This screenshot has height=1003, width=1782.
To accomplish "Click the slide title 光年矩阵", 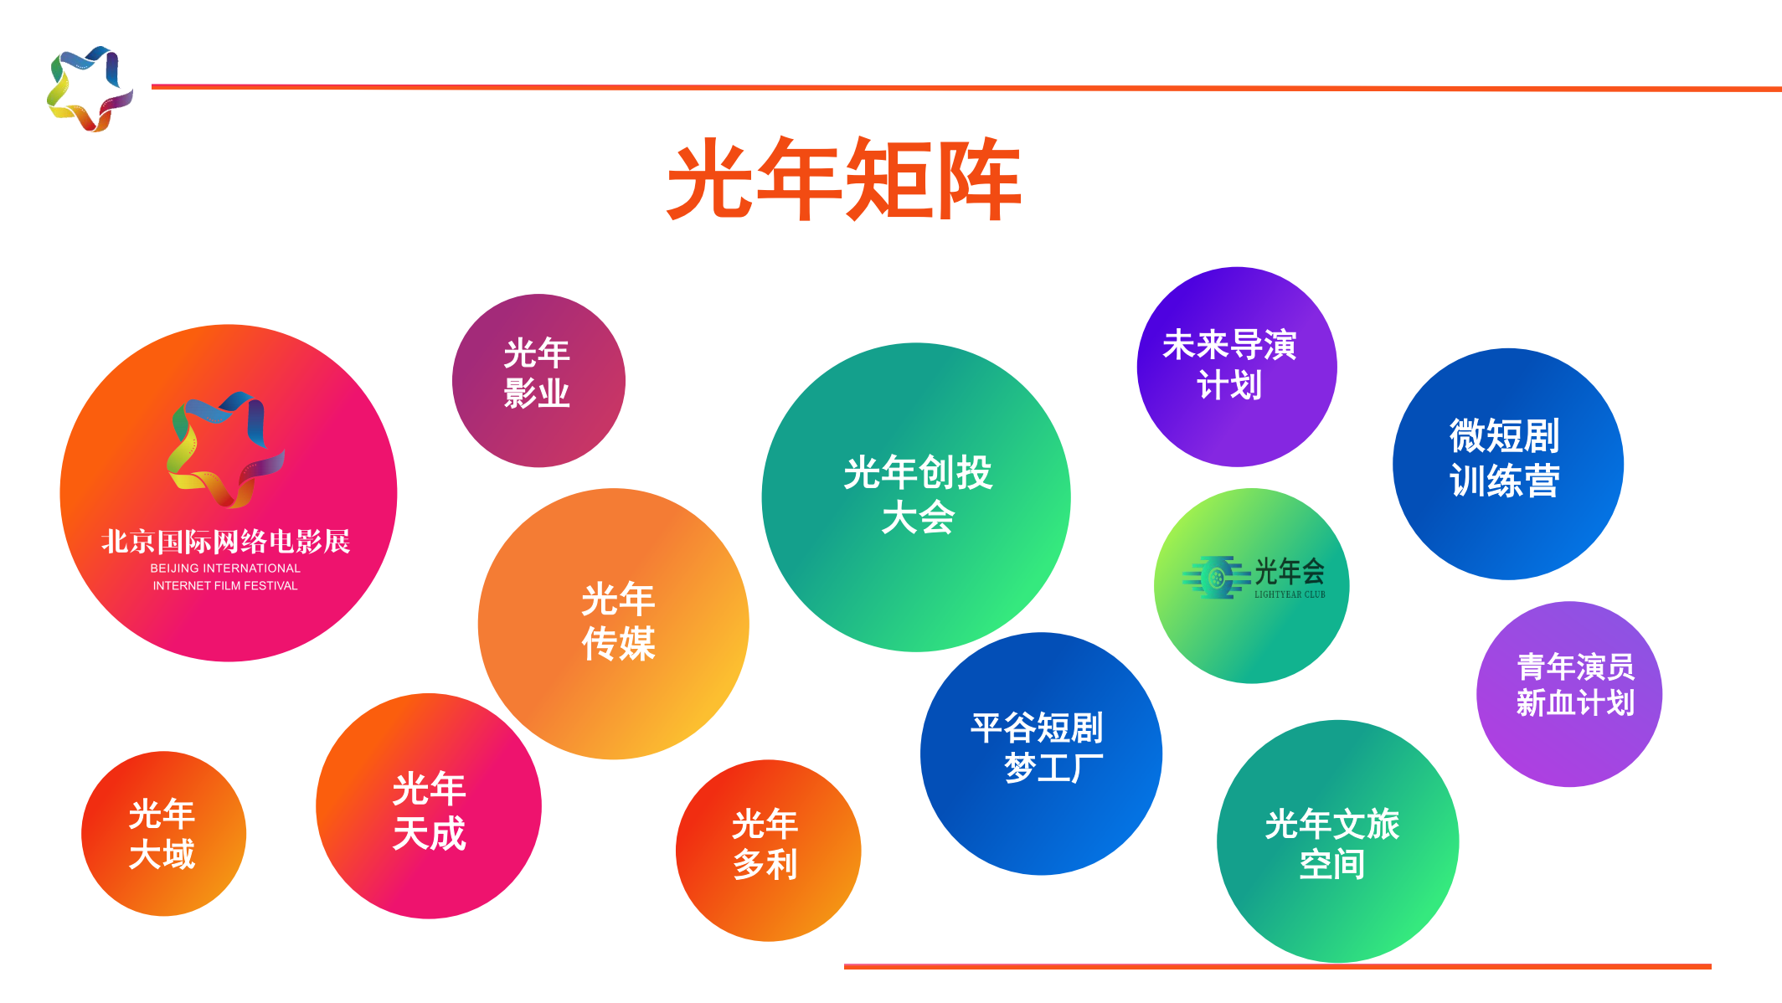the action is [844, 179].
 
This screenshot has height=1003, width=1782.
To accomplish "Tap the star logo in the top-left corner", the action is [90, 89].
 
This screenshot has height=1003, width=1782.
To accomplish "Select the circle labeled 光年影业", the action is [538, 380].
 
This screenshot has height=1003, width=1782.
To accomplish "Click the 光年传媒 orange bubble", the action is [613, 624].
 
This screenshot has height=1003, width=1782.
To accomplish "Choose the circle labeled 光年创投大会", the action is [916, 497].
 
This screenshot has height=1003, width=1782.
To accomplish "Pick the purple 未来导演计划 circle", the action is [1237, 367].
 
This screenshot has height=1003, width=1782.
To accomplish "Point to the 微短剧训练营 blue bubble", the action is [1508, 464].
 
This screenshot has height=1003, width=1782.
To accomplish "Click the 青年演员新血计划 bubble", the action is [1569, 694].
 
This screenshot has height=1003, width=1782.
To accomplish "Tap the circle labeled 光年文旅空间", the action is [1338, 841].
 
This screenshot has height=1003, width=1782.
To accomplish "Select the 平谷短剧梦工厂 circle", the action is [1041, 754].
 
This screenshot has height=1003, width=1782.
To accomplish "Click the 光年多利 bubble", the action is [768, 851].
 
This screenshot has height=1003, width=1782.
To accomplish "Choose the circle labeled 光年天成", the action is [429, 806].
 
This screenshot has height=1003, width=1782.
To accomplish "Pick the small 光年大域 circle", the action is [163, 834].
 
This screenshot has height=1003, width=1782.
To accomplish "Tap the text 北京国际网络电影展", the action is [225, 542].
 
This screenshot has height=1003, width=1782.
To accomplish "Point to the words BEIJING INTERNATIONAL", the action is [225, 568].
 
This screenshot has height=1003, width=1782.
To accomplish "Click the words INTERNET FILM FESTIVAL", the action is [225, 586].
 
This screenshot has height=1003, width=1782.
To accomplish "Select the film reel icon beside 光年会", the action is [1216, 577].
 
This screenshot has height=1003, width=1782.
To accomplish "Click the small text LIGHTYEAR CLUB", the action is [1290, 594].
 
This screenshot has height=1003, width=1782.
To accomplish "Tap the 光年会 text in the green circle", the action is [1290, 572].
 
